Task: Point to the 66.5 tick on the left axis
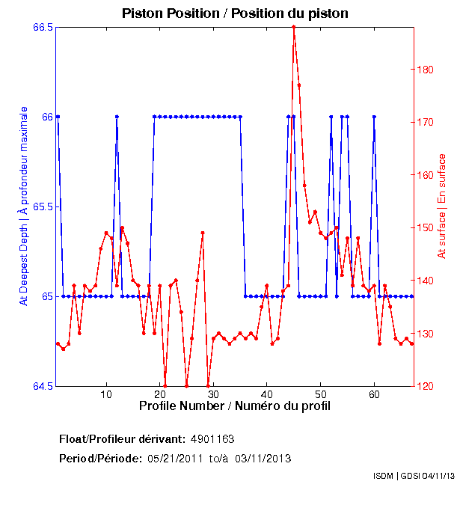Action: [x=43, y=27]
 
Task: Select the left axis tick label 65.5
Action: [x=43, y=206]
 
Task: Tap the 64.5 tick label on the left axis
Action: [x=43, y=386]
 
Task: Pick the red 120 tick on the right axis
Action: [x=423, y=386]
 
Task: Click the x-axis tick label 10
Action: [x=107, y=394]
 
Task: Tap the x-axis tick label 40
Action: [x=267, y=394]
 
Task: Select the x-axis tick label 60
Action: [x=374, y=394]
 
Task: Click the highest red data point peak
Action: [x=294, y=27]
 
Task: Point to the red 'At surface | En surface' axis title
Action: [x=442, y=206]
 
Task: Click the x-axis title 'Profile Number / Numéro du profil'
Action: [x=235, y=405]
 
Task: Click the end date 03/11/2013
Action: [x=263, y=458]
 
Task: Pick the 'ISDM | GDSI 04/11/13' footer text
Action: [x=414, y=476]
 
